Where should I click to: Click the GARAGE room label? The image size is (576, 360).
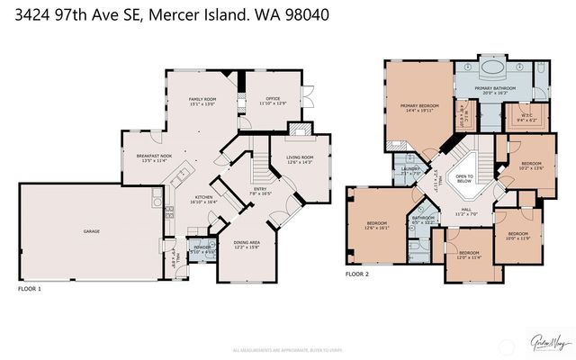[91, 231]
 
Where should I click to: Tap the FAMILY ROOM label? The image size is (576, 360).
[202, 101]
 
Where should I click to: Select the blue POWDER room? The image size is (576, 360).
[201, 250]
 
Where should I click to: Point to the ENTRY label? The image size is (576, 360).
[259, 190]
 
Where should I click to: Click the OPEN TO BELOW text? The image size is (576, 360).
[465, 179]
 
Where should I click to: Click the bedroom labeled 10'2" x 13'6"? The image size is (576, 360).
[531, 165]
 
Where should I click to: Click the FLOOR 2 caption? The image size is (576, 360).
[357, 274]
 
